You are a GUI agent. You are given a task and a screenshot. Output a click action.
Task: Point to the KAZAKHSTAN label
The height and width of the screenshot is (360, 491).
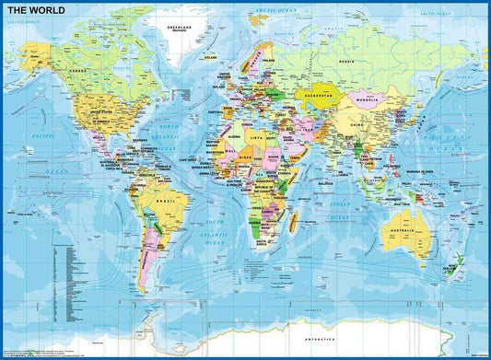321,93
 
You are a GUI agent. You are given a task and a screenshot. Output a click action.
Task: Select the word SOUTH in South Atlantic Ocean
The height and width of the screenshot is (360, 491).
215,224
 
